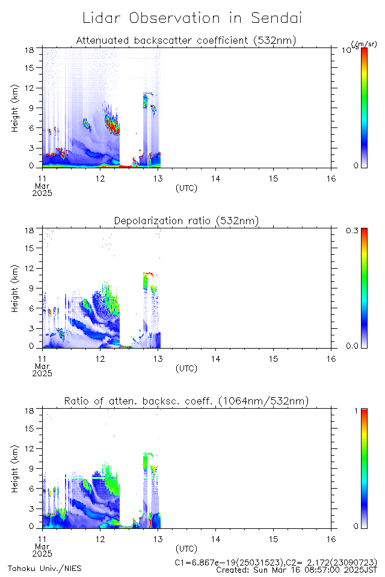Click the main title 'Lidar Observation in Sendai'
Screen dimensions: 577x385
[x=192, y=18]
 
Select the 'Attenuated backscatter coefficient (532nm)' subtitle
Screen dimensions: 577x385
[x=186, y=40]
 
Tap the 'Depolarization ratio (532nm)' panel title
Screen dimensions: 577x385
[x=186, y=221]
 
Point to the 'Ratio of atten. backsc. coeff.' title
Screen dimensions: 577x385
[x=186, y=401]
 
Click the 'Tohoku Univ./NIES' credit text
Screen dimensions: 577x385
[x=45, y=568]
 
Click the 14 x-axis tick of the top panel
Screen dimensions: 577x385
[x=215, y=179]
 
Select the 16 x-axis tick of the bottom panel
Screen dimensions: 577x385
[x=331, y=539]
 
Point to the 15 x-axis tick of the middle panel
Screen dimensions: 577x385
[x=273, y=359]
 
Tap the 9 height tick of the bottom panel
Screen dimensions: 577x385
[x=32, y=469]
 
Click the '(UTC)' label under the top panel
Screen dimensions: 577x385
[x=186, y=188]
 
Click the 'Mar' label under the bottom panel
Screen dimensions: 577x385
[x=42, y=546]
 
